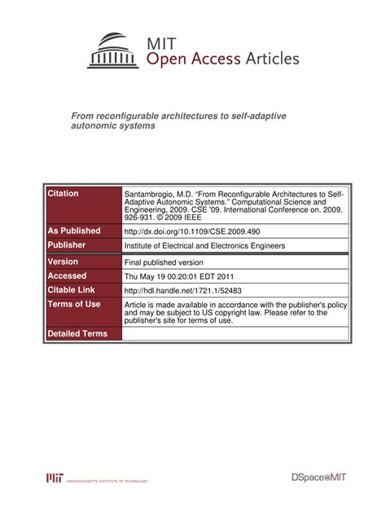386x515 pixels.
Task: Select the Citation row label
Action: click(64, 194)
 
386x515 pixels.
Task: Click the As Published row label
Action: click(74, 231)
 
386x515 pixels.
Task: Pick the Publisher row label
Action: click(67, 244)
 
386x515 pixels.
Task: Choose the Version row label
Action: click(64, 262)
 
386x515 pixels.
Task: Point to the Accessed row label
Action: click(68, 276)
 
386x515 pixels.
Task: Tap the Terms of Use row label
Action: click(74, 304)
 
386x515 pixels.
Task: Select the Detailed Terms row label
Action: click(77, 334)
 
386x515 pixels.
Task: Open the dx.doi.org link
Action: click(191, 232)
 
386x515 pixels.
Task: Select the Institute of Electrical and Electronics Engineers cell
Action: click(215, 245)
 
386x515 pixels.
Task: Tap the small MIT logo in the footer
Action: click(55, 478)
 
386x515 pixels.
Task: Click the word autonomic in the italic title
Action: click(96, 129)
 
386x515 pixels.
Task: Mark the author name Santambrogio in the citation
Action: click(151, 196)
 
